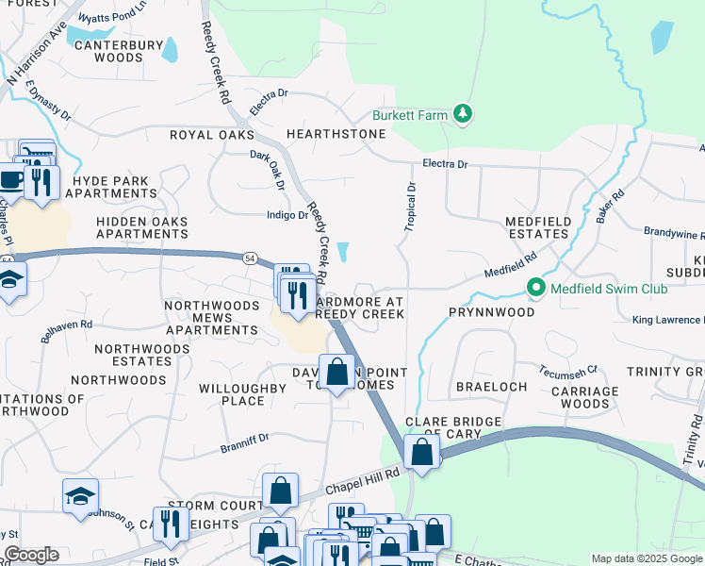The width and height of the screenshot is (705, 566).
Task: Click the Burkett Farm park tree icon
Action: (463, 115)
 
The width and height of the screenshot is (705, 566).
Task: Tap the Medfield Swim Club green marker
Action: (536, 288)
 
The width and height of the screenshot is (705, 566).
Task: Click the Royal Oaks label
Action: (212, 135)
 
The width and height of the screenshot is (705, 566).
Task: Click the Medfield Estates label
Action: (538, 227)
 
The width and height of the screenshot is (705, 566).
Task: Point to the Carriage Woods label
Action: (584, 397)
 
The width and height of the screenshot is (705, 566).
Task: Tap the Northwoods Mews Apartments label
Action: (211, 318)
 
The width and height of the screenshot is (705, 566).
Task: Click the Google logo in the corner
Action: (31, 555)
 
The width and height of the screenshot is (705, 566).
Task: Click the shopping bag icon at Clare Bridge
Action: (423, 451)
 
